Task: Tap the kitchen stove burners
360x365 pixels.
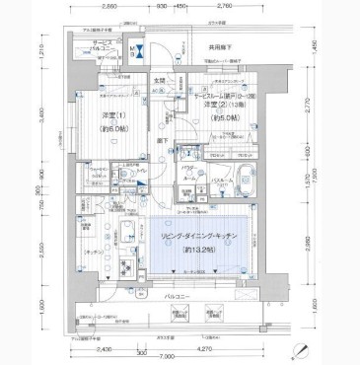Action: click(126, 264)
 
